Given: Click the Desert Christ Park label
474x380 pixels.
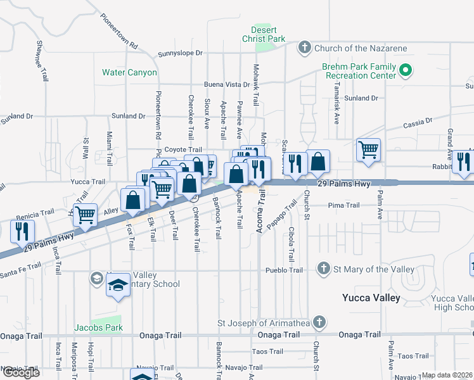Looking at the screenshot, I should tap(268, 34).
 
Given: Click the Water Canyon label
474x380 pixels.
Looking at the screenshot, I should tap(129, 72).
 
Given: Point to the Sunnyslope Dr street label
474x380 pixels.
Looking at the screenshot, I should tap(180, 54).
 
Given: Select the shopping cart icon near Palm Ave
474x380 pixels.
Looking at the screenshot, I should tap(368, 149).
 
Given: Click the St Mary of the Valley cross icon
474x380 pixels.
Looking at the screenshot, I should tap(324, 269).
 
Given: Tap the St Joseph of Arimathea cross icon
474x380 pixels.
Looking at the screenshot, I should tap(319, 322).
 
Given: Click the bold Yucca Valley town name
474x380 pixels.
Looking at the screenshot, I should tap(371, 298).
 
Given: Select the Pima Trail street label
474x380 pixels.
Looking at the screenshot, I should tap(343, 205).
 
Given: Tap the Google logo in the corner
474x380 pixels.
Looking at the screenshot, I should tap(21, 372).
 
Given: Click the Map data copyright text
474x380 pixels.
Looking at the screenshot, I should tap(446, 375).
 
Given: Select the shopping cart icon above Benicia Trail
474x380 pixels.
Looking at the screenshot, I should tap(84, 214).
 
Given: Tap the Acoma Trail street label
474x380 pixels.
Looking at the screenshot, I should tap(260, 217).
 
